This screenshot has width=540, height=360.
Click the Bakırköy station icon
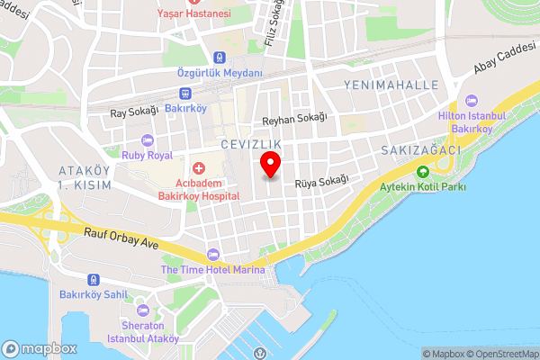coord(184,92)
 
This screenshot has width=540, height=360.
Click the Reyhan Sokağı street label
coord(293,118)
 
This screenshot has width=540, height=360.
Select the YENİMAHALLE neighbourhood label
coord(391,85)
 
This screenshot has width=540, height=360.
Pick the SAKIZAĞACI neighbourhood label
coord(420,149)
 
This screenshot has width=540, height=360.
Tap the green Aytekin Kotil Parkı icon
coord(422,171)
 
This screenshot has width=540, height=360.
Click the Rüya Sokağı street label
coord(322,181)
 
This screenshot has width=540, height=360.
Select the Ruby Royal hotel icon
coord(148,139)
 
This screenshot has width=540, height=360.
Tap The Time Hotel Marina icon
coord(213,255)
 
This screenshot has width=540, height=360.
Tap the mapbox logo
coord(39,348)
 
